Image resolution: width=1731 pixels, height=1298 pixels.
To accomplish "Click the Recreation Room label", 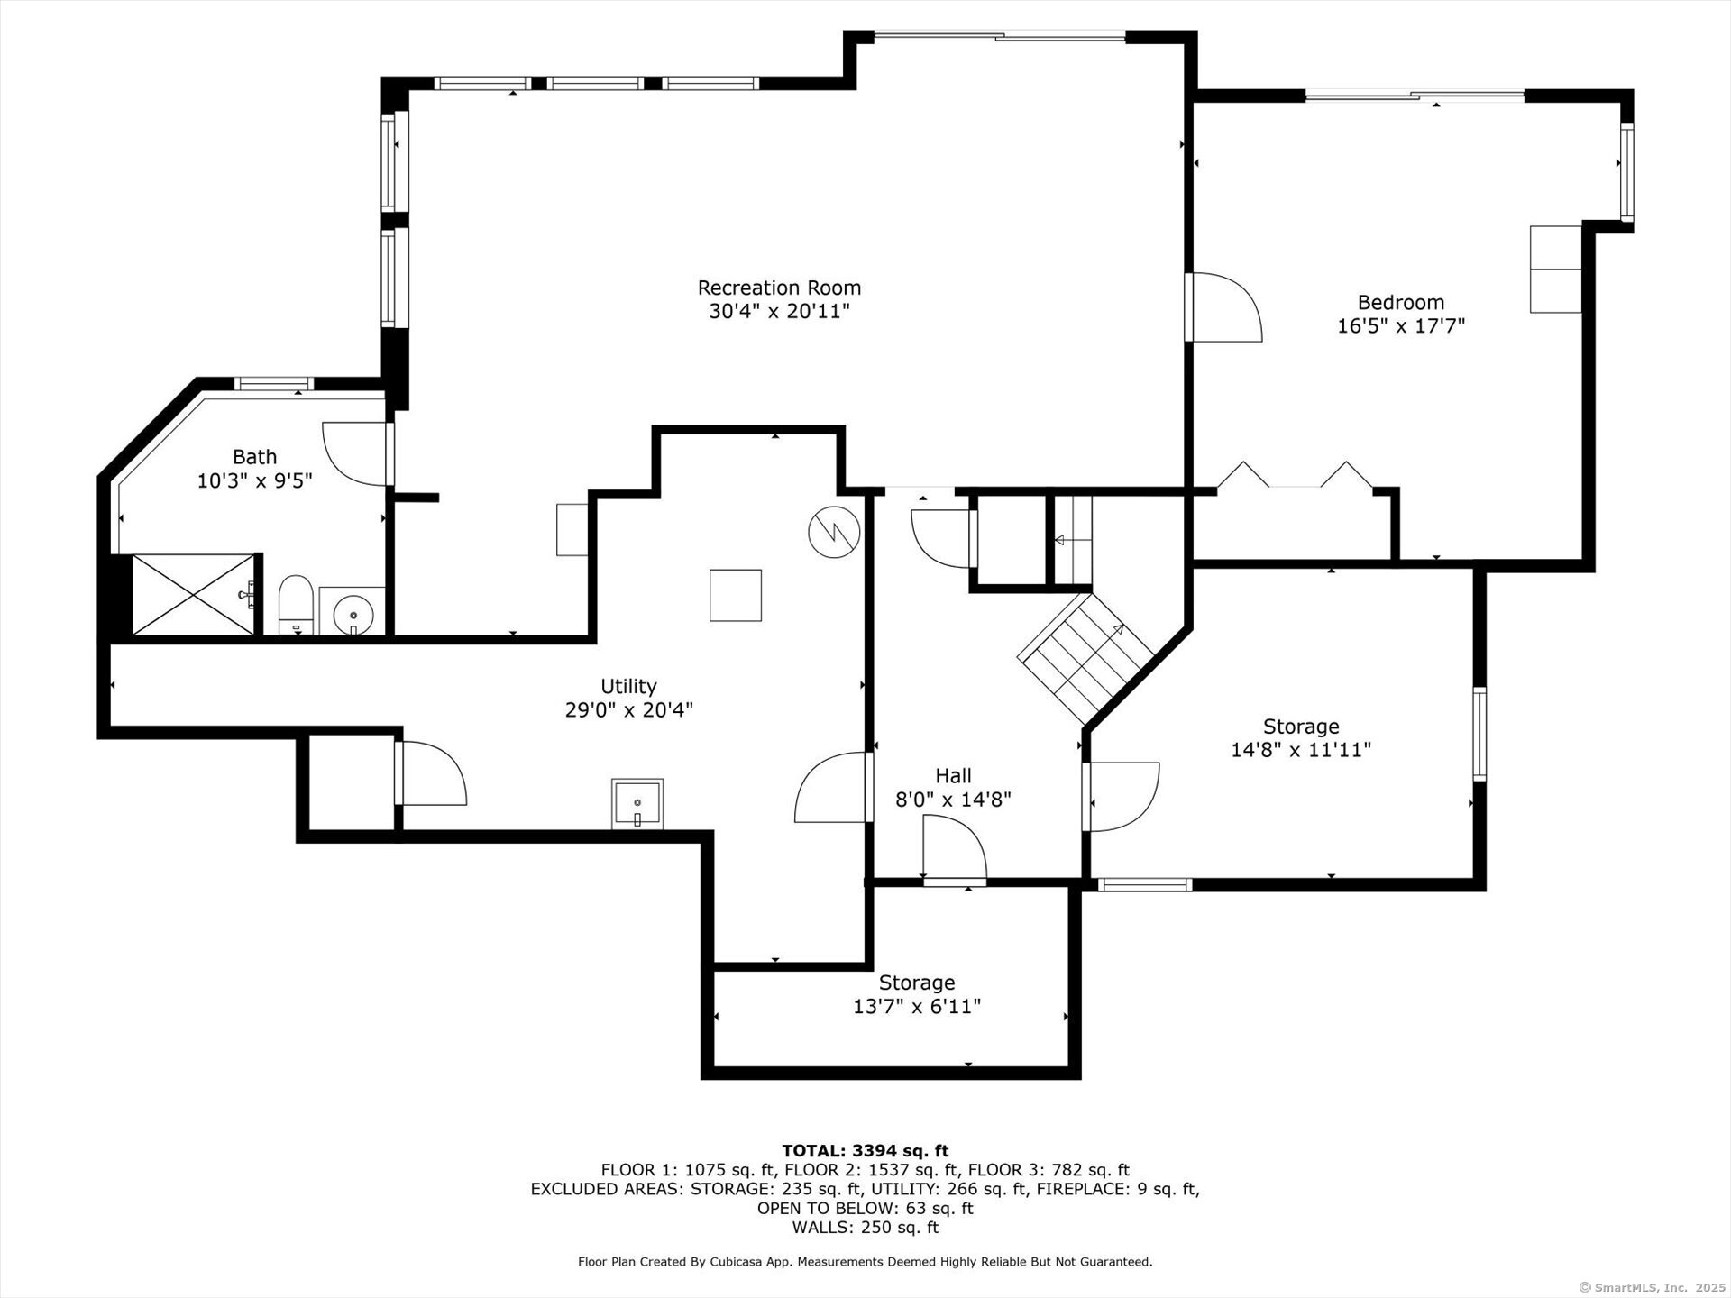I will click(779, 288).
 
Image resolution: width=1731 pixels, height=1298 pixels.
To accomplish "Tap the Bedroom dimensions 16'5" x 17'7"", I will click(1401, 326).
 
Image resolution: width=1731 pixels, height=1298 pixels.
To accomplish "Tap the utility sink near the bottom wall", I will click(637, 804).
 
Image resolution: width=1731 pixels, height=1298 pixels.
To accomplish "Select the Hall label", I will click(953, 776).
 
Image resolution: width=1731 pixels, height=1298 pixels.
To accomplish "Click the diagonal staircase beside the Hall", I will click(1085, 655).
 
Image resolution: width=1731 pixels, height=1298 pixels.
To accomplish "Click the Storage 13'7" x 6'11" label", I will click(917, 995).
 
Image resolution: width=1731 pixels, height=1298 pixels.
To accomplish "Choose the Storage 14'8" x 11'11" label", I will click(1300, 738).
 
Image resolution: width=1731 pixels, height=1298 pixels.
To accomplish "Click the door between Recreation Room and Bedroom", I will click(1223, 308).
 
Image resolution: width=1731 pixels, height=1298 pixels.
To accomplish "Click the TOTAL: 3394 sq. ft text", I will click(865, 1151).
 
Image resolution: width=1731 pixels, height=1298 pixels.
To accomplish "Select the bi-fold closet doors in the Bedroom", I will click(1295, 476).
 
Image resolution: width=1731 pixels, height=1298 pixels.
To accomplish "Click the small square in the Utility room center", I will click(735, 596).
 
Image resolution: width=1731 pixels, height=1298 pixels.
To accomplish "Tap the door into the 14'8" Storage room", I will click(1122, 796).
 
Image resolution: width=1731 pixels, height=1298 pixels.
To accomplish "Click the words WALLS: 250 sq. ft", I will click(865, 1228).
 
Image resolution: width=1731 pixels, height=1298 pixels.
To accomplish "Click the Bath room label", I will click(254, 457).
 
